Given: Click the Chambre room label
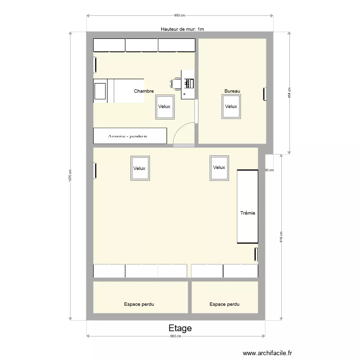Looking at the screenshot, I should click(144, 91).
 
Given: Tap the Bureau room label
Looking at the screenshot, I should click(232, 91).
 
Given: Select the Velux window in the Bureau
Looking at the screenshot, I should click(231, 107).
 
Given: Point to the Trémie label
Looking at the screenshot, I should click(248, 213).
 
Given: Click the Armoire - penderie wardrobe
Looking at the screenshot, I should click(130, 136).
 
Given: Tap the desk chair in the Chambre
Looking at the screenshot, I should click(175, 84).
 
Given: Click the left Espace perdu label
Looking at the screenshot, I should click(139, 304).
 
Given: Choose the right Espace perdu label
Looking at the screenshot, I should click(224, 304).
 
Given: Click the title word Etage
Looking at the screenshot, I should click(180, 328).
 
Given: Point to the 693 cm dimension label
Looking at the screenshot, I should click(180, 15).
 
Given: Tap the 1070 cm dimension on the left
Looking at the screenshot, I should click(70, 176).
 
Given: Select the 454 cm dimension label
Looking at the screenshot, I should click(289, 93).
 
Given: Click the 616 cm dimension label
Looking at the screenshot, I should click(281, 237).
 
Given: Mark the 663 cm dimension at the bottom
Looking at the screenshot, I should click(176, 336).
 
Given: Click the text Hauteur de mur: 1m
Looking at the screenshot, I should click(182, 29).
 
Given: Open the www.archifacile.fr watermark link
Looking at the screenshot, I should click(267, 353).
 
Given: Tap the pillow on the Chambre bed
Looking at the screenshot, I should click(100, 91).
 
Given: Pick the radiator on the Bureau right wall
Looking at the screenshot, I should click(264, 94).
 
